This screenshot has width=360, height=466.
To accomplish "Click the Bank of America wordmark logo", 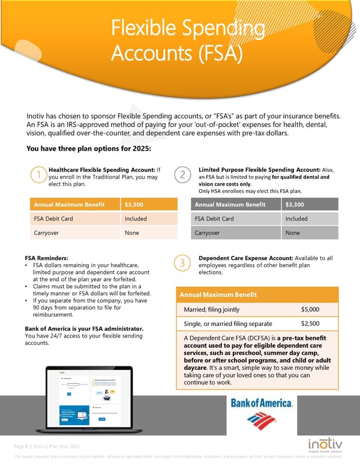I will (262, 404).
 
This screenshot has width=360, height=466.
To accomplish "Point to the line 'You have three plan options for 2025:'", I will (88, 149).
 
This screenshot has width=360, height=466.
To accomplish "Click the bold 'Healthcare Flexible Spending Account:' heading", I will (101, 170).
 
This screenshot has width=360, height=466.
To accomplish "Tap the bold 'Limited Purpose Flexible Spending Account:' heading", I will (260, 170).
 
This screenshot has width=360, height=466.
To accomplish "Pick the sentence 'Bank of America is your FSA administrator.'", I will (83, 328).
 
